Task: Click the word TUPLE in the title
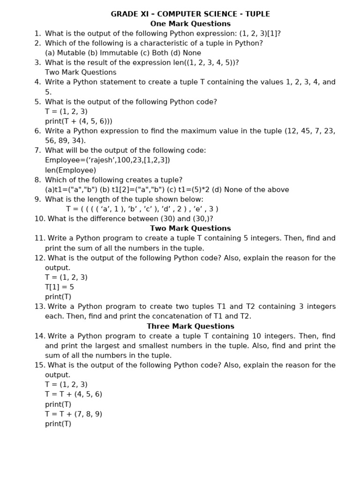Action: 256,14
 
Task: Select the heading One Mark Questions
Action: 190,24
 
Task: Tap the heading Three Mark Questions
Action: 190,326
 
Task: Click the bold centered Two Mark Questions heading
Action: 190,228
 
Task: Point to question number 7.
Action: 37,150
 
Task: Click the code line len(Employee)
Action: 70,170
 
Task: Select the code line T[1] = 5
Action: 60,287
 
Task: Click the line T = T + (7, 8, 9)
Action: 74,414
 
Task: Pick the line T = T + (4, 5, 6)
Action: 74,394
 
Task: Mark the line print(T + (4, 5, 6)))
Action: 79,121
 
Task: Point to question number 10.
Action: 39,219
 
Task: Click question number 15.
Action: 39,365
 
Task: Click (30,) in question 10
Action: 202,219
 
